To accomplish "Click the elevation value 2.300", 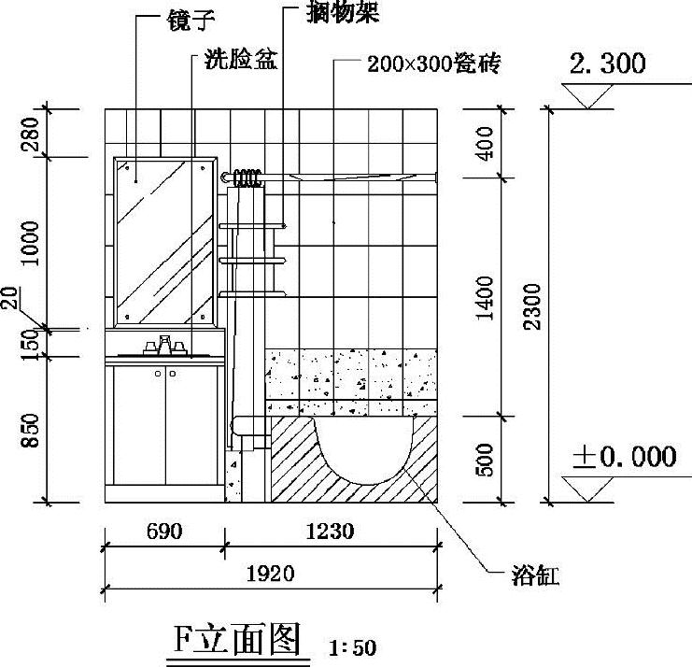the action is (x=607, y=64).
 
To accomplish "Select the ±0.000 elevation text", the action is (x=623, y=457).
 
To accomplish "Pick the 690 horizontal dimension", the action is (x=164, y=532).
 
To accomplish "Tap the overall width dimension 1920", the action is (x=271, y=573).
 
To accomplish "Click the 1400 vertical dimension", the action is (x=485, y=297).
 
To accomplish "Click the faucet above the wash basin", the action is (x=165, y=346).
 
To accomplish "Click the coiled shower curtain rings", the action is (x=247, y=177).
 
